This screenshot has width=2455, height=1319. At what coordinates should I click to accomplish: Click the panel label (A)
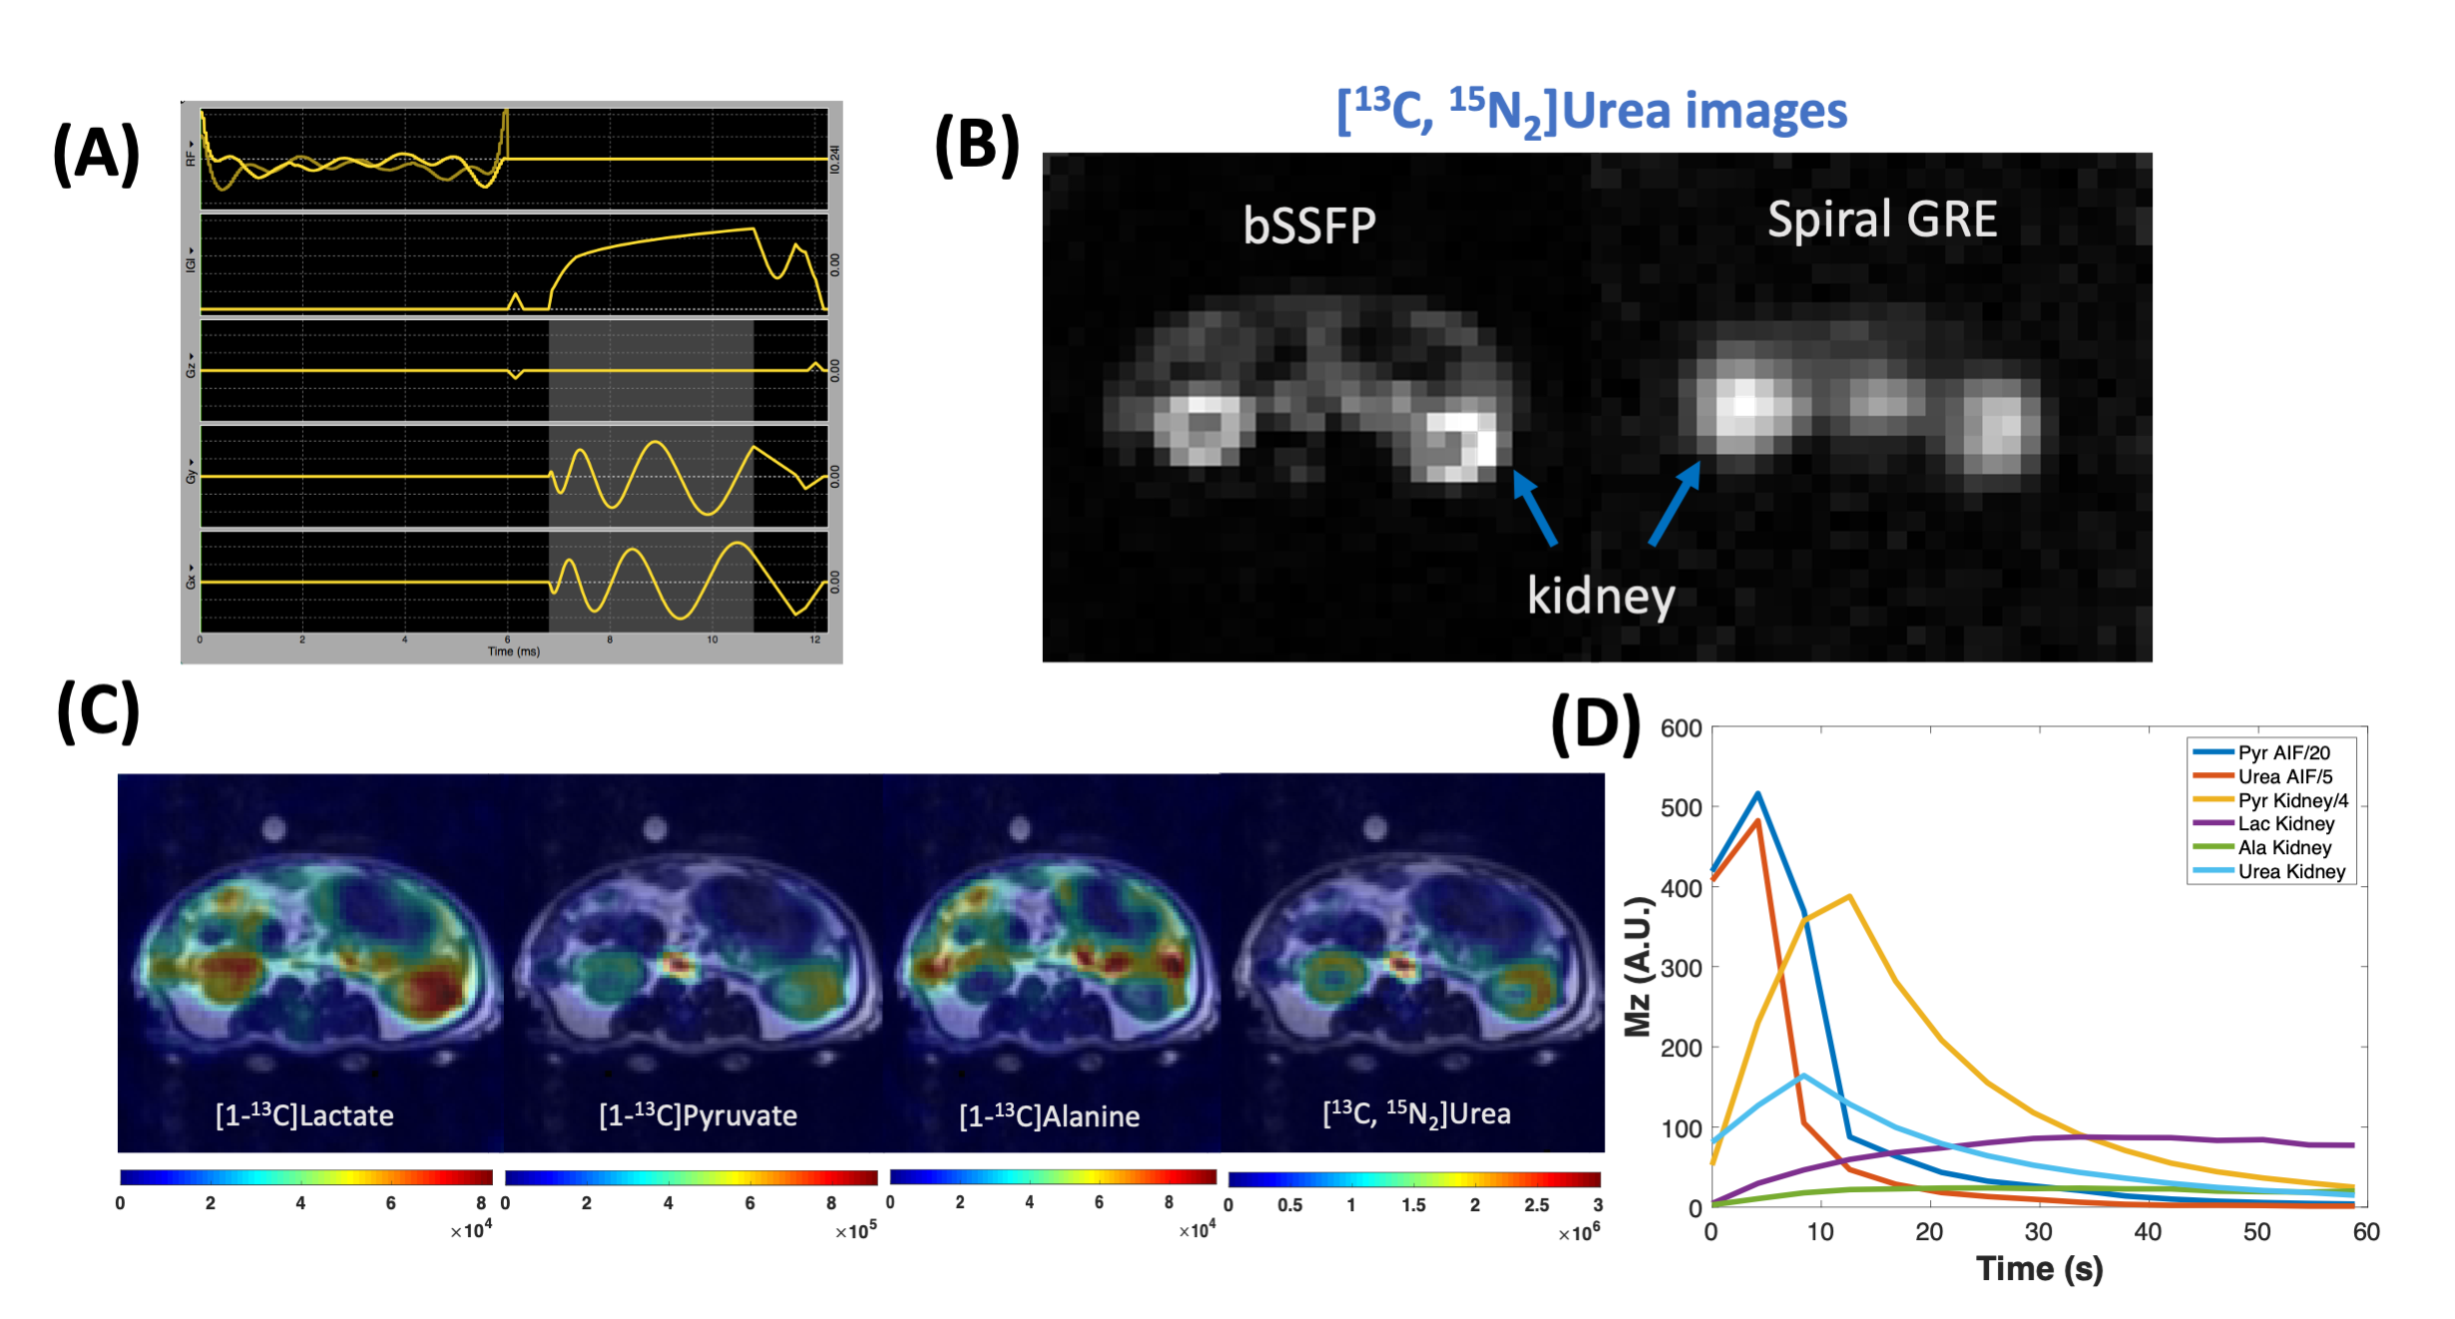click(x=96, y=155)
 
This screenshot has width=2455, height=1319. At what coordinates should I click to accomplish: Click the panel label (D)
click(x=1595, y=725)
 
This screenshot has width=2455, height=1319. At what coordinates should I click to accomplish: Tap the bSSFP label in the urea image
click(x=1309, y=225)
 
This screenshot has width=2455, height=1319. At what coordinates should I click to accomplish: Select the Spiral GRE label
click(x=1882, y=220)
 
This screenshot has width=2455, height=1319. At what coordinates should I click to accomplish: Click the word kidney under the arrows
click(x=1601, y=598)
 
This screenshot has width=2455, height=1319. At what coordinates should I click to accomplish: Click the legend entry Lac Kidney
click(x=2285, y=824)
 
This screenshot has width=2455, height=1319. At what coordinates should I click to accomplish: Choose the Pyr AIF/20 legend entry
click(x=2283, y=753)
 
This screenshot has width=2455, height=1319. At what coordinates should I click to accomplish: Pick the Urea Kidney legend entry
click(x=2291, y=872)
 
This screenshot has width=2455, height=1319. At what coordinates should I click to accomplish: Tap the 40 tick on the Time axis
click(x=2148, y=1232)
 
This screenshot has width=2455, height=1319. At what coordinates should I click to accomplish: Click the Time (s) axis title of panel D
click(x=2039, y=1269)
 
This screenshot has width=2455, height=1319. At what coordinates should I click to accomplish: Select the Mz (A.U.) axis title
click(x=1638, y=967)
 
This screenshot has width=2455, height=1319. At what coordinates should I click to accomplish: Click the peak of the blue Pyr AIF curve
click(x=1757, y=794)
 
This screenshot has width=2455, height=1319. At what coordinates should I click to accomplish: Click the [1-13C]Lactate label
click(x=304, y=1114)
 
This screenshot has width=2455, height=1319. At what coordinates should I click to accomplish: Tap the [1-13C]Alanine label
click(x=1049, y=1115)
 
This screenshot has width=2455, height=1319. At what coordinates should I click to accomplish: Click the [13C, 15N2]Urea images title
click(x=1592, y=112)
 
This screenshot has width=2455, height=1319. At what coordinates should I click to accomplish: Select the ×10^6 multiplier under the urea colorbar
click(x=1579, y=1233)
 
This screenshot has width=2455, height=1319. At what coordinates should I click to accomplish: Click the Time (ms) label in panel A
click(x=513, y=652)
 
